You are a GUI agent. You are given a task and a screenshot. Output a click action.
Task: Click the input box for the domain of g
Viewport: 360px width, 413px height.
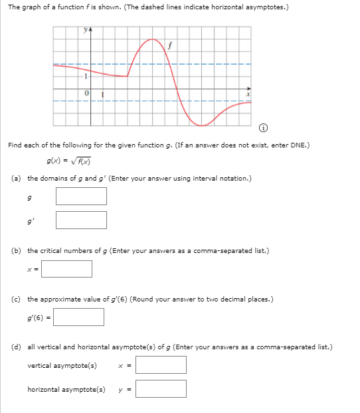point(81,196)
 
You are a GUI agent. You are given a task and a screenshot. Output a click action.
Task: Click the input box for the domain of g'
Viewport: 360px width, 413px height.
point(81,220)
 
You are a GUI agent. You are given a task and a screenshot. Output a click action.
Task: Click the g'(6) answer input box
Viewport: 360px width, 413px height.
point(78,317)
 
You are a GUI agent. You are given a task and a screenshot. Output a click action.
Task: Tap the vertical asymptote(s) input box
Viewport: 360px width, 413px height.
point(161,365)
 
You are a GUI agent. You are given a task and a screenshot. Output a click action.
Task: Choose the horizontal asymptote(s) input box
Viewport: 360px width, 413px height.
point(161,388)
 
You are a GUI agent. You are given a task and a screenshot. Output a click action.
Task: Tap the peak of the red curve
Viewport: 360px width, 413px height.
point(152,39)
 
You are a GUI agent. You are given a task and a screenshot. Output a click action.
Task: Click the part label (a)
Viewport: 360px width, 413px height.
point(16,178)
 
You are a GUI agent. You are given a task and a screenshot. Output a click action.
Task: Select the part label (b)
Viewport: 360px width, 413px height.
point(16,251)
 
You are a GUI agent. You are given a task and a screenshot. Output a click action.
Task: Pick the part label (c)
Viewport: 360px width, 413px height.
point(16,299)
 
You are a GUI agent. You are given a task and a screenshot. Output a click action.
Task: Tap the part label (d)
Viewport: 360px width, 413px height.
point(16,347)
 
